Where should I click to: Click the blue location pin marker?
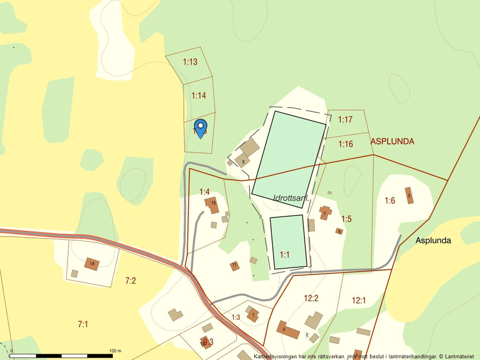pyautogui.click(x=200, y=127)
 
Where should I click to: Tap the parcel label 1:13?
pyautogui.click(x=190, y=62)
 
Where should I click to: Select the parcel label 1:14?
pyautogui.click(x=199, y=95)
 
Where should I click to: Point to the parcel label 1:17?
pyautogui.click(x=346, y=120)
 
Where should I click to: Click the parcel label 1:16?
pyautogui.click(x=346, y=144)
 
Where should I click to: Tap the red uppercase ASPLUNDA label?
pyautogui.click(x=392, y=141)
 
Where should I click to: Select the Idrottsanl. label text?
pyautogui.click(x=290, y=199)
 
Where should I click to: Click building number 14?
pyautogui.click(x=91, y=264)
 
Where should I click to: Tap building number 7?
pyautogui.click(x=324, y=213)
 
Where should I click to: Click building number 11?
pyautogui.click(x=234, y=265)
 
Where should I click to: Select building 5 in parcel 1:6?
pyautogui.click(x=409, y=195)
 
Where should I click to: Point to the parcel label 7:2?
pyautogui.click(x=130, y=281)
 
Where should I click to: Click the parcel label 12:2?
pyautogui.click(x=311, y=298)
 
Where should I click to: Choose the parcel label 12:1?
pyautogui.click(x=359, y=301)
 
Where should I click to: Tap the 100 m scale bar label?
pyautogui.click(x=115, y=351)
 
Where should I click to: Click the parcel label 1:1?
pyautogui.click(x=285, y=255)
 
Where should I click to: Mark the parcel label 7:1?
pyautogui.click(x=82, y=323)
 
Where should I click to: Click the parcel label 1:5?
pyautogui.click(x=346, y=219)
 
